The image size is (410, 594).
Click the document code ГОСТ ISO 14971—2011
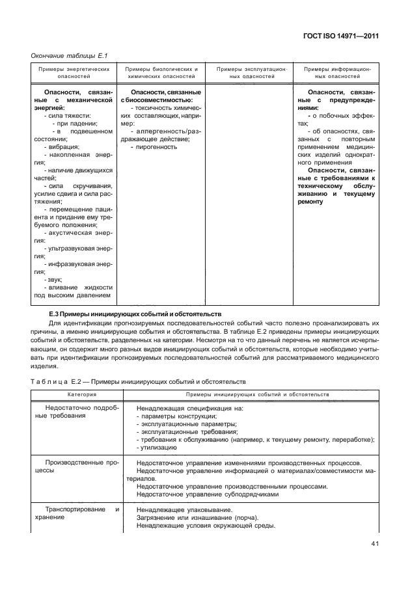[342, 38]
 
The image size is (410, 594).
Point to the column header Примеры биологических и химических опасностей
[161, 72]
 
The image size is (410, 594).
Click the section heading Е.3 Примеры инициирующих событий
[135, 314]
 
